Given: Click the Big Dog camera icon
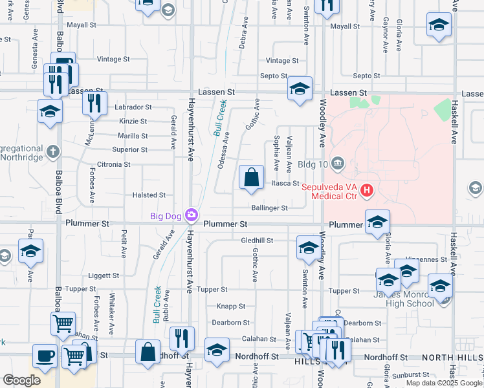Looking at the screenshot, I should [x=192, y=215].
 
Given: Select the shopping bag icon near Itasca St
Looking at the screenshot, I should [x=251, y=177].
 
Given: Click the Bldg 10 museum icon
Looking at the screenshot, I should [x=337, y=163].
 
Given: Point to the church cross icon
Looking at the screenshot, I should [x=52, y=152].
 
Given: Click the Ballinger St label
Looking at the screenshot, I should [x=269, y=208].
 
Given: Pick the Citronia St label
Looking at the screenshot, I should [x=113, y=164].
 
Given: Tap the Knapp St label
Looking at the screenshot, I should [x=230, y=306].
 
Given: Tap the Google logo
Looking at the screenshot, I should [x=21, y=380].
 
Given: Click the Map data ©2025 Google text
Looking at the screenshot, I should [x=443, y=383].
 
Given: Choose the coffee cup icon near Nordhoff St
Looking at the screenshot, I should [x=45, y=355].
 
